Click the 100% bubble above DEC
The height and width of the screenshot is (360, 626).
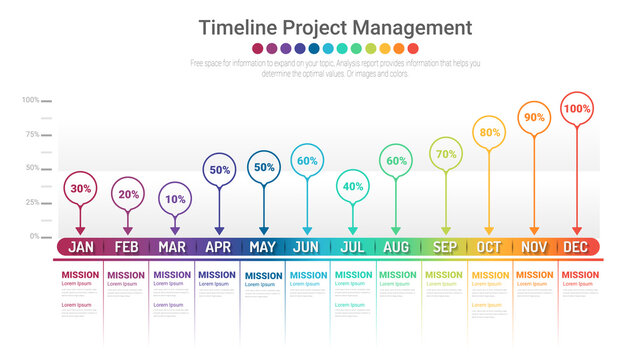click(x=577, y=108)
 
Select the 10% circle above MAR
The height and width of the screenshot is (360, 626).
click(x=175, y=198)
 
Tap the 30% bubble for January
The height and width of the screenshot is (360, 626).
click(x=81, y=188)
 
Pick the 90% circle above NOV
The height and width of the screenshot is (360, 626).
click(x=534, y=117)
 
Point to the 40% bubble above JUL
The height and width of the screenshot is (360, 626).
click(x=352, y=186)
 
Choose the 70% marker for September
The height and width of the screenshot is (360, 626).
click(x=446, y=154)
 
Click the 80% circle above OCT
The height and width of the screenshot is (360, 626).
click(x=490, y=132)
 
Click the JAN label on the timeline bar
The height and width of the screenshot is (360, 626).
click(x=82, y=247)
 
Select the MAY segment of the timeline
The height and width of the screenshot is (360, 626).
click(x=263, y=247)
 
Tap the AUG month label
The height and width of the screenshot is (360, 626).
click(x=396, y=247)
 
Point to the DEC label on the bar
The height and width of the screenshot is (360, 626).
click(x=575, y=247)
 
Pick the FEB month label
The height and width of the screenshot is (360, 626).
click(x=127, y=247)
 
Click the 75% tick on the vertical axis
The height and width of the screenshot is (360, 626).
click(x=32, y=134)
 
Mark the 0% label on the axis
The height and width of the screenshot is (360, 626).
click(x=34, y=237)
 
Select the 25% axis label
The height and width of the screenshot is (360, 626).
click(x=32, y=203)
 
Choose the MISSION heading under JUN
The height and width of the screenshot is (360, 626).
click(x=306, y=275)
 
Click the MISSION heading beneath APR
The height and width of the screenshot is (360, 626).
click(x=217, y=275)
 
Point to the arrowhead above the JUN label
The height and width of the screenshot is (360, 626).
click(x=307, y=231)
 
